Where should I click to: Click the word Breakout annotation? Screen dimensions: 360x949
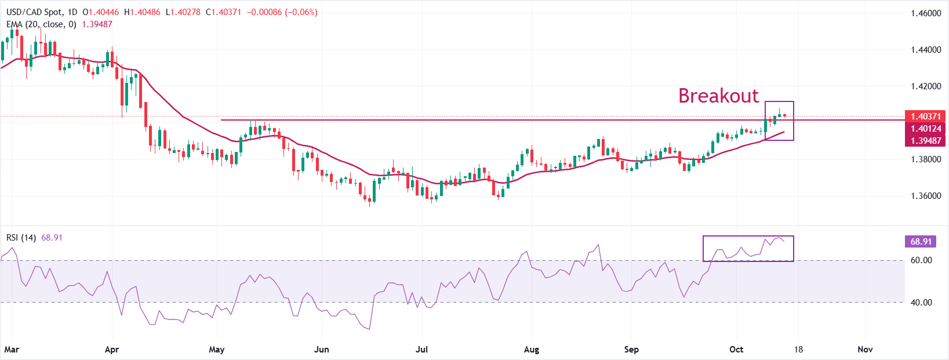pos(718,96)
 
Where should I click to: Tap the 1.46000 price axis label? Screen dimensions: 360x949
pos(925,13)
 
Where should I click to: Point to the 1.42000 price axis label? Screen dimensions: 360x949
pos(925,86)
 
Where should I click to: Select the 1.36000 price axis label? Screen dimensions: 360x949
pos(925,196)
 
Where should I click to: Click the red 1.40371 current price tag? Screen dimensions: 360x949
pos(925,117)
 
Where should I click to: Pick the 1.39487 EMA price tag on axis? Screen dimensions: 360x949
pos(925,140)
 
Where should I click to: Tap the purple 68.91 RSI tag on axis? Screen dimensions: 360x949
pos(921,242)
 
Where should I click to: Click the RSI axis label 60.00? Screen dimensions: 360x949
pos(921,260)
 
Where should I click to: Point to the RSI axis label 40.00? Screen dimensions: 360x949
pos(921,302)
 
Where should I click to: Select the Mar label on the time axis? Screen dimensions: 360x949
pos(12,350)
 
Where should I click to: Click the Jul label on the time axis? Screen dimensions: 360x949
pos(422,350)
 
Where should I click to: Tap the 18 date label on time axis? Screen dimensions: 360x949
pos(798,350)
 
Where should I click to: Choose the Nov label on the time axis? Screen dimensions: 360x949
pos(865,350)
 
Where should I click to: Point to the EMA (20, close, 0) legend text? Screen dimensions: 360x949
pos(41,24)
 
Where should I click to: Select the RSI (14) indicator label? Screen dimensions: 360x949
pos(21,238)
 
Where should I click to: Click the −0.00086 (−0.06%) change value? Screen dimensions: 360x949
pos(282,12)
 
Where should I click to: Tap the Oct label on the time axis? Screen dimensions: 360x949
pos(736,350)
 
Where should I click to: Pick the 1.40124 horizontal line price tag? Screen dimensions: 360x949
pos(925,129)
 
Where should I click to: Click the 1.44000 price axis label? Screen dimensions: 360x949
pos(925,50)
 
